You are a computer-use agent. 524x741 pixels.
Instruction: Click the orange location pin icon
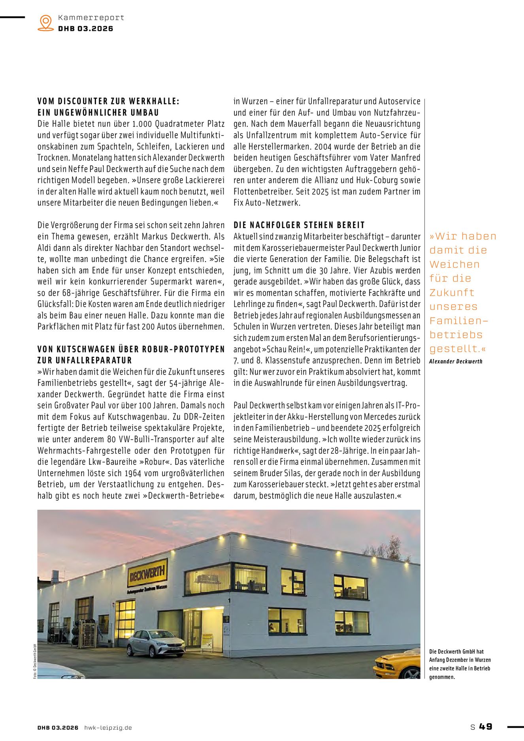click(x=46, y=23)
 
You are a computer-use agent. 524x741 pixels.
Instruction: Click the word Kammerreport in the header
click(x=91, y=17)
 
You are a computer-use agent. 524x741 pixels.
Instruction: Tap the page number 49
click(x=486, y=726)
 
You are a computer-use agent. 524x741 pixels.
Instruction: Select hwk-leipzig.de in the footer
click(x=108, y=728)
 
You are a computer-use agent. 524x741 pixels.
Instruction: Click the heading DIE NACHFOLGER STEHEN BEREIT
click(x=299, y=225)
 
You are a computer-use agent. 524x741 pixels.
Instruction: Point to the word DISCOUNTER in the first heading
click(x=83, y=101)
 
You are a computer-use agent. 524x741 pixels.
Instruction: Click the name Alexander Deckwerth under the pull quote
click(x=456, y=361)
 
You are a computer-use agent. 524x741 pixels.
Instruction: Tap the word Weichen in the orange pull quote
click(x=454, y=264)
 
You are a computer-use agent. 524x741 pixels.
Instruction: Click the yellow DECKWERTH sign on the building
click(x=147, y=572)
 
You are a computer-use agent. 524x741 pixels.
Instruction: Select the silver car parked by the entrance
click(x=156, y=643)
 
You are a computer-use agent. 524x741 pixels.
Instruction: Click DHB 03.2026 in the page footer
click(x=58, y=728)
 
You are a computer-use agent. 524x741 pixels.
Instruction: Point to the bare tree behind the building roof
click(x=391, y=549)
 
